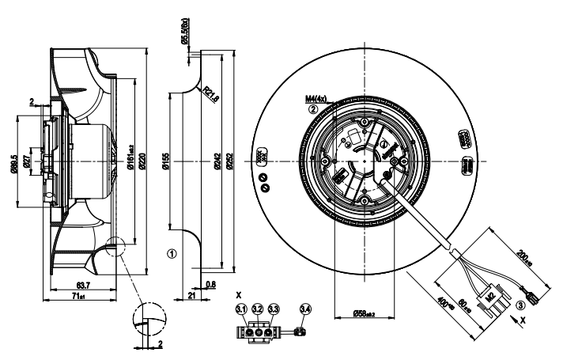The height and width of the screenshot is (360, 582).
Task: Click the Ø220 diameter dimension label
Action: click(x=143, y=161)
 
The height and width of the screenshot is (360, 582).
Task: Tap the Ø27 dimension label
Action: click(x=28, y=161)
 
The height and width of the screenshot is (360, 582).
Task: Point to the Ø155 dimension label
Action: click(x=166, y=162)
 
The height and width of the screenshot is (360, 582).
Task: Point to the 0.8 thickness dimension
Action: click(x=210, y=282)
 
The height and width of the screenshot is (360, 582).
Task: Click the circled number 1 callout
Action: click(x=171, y=254)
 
